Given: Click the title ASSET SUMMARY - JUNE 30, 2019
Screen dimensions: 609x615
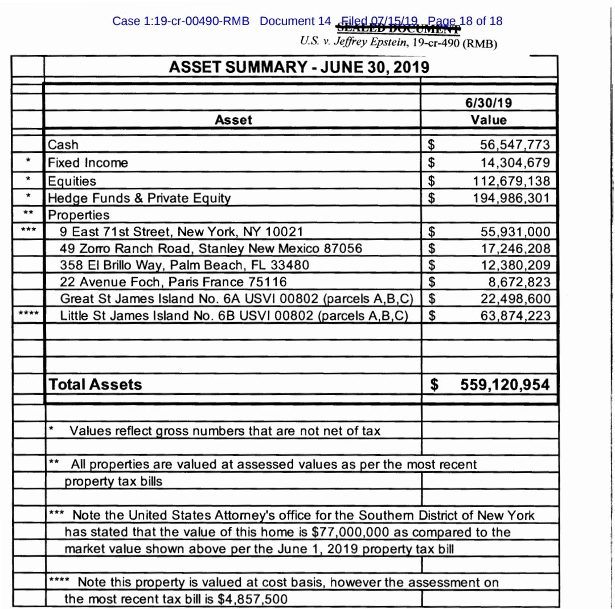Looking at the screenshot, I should (x=299, y=68).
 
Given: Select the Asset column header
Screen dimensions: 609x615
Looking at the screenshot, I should (x=233, y=120).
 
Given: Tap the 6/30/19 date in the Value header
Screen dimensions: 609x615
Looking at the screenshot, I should (x=488, y=103).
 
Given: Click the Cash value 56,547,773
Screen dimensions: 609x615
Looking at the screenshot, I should (x=515, y=145).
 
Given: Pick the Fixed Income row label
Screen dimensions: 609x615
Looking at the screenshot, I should (x=88, y=163).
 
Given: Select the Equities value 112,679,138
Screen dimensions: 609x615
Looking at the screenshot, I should (x=511, y=181).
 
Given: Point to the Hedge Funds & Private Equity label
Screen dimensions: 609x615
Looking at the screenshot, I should (x=140, y=198).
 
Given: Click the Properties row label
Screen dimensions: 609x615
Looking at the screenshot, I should (x=79, y=215).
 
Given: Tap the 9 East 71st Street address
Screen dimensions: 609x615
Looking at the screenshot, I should (x=182, y=232).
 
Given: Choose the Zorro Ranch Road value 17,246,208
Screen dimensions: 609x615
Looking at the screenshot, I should (x=515, y=248).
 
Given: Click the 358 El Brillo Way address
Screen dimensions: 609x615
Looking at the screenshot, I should (x=184, y=265).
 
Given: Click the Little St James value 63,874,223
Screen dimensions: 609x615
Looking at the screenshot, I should (x=515, y=315).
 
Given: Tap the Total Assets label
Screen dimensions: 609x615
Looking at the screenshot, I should (x=95, y=384).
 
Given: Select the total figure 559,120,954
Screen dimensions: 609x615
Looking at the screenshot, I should (x=505, y=385).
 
